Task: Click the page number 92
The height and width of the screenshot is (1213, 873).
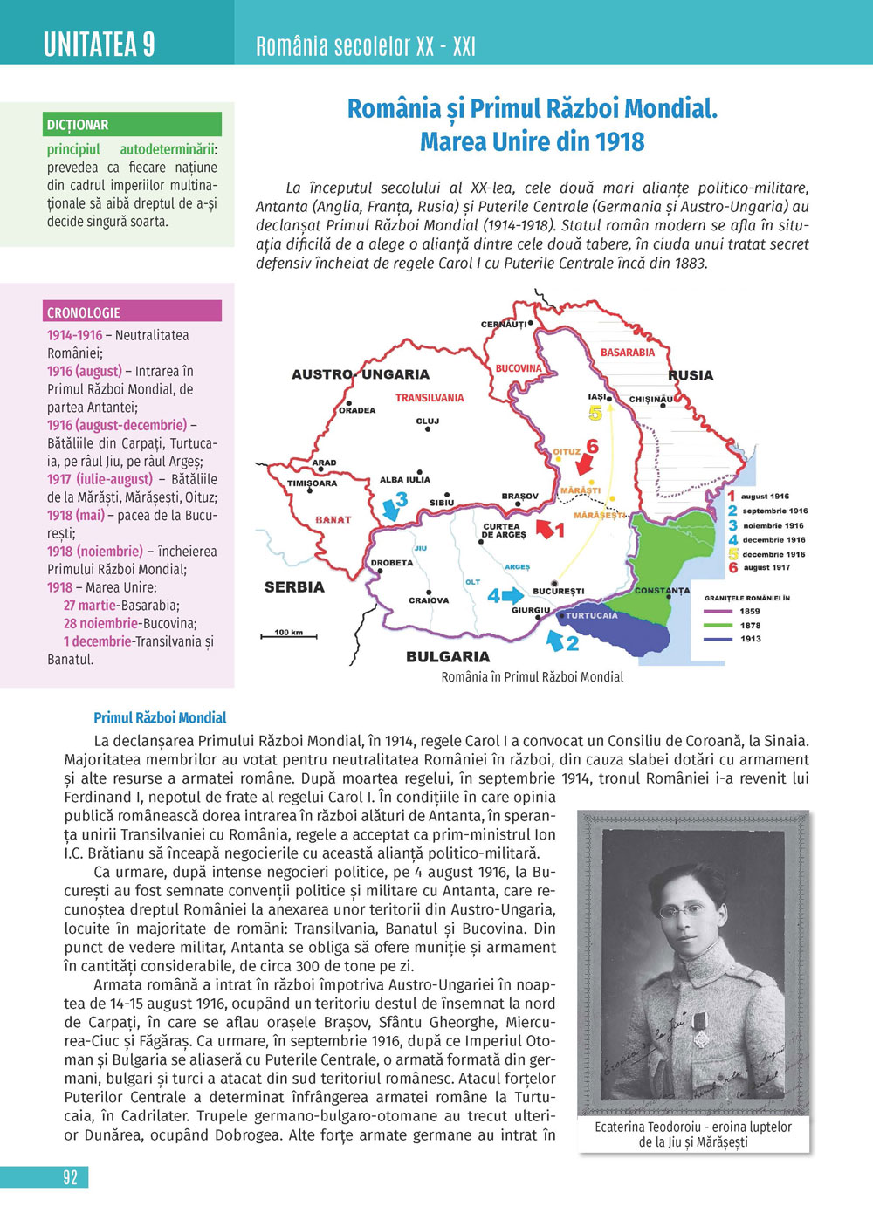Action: tap(71, 1177)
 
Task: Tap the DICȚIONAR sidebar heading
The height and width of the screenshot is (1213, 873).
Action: tap(79, 125)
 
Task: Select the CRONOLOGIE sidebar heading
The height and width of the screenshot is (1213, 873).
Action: tap(84, 312)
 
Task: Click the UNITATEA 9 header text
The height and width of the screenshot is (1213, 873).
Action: tap(100, 44)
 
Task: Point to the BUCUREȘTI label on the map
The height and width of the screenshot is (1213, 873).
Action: tap(559, 591)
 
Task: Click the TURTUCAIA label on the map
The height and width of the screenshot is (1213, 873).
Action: tap(591, 615)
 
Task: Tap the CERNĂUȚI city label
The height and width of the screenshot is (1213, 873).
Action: tap(504, 324)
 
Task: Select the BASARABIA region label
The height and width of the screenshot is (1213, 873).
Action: tap(627, 353)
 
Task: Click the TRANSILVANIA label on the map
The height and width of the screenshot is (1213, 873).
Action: tap(430, 398)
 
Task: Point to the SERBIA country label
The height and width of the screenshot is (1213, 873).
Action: tap(294, 587)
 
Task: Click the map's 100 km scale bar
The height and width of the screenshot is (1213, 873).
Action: tap(289, 635)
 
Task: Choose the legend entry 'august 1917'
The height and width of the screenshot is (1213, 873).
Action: tap(766, 568)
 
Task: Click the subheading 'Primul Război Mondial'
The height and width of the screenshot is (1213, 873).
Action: tap(160, 718)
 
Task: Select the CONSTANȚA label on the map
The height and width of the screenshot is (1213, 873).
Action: tap(662, 591)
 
